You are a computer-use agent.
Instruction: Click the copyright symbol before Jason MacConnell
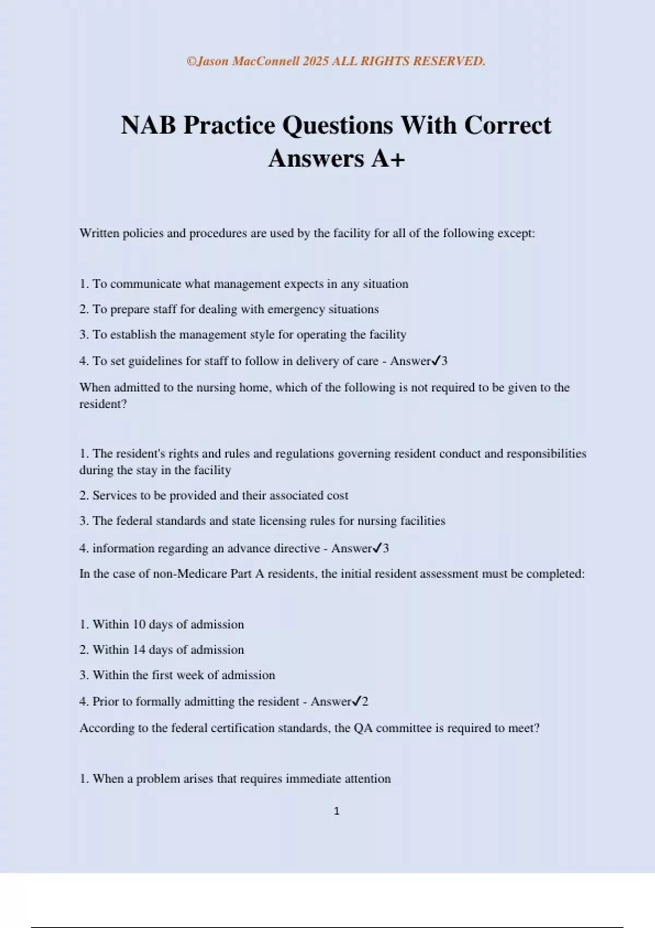point(191,61)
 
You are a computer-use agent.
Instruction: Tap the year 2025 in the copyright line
point(315,61)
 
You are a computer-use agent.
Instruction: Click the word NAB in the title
point(148,126)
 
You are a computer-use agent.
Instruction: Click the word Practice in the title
point(229,126)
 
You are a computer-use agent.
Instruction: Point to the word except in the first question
point(516,234)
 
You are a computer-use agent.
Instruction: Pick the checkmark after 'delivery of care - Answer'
point(436,361)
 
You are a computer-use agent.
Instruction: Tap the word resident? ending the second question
point(103,404)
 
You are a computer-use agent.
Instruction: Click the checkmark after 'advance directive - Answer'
point(377,549)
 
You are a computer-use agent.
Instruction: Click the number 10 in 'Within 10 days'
point(139,624)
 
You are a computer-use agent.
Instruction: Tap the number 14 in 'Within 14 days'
point(139,650)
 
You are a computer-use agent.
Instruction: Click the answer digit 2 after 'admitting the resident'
point(365,702)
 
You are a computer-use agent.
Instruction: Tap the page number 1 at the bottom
point(336,812)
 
